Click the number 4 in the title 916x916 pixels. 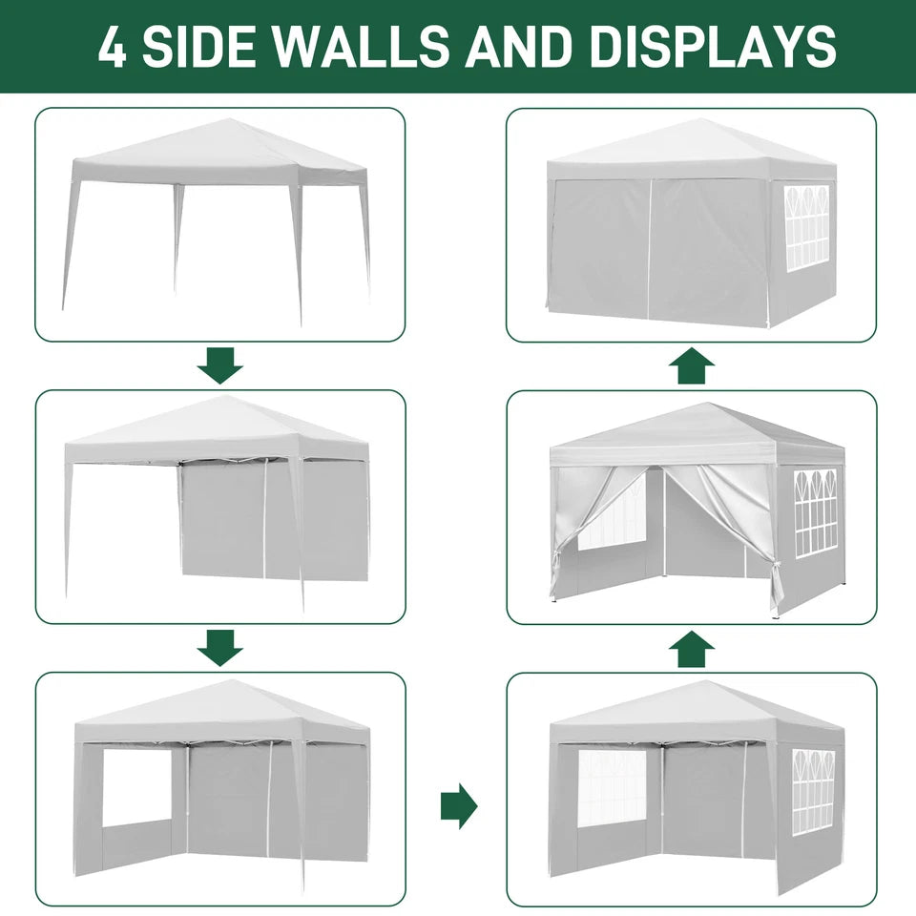(x=112, y=47)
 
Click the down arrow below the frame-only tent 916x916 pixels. (x=220, y=364)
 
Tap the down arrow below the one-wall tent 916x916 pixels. (x=220, y=648)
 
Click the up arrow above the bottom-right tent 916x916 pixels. (x=692, y=648)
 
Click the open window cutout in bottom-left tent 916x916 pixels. (x=136, y=787)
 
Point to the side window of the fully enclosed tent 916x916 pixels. (x=806, y=226)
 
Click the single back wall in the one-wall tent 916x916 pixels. (x=272, y=520)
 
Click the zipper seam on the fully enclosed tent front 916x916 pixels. (x=649, y=248)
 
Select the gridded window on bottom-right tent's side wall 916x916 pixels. (x=813, y=790)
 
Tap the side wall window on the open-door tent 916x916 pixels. (x=816, y=511)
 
